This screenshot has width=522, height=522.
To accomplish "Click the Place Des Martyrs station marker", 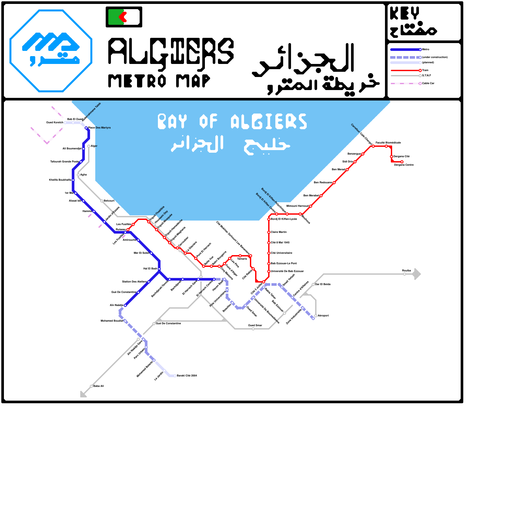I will point(86,128).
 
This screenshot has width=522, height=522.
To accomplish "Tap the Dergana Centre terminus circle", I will point(402,162).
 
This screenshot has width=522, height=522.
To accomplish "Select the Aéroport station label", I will point(323,315).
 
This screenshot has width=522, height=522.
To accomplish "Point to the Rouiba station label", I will point(407,270).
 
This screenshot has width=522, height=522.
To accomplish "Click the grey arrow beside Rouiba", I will point(417,274).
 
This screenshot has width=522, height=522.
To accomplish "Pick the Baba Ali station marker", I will point(91,386).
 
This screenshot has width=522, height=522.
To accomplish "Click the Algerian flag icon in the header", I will point(124,17).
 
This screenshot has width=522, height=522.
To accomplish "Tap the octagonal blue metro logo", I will point(51,51).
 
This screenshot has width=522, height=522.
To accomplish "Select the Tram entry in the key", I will point(425,70).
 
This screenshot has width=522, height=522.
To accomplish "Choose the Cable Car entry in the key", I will point(428,83).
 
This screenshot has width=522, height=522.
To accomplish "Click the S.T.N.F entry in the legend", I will point(426,75).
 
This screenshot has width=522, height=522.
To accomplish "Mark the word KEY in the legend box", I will point(405,14).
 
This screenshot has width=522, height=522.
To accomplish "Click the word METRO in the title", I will point(137,81).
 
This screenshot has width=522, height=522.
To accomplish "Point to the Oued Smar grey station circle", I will point(253,329).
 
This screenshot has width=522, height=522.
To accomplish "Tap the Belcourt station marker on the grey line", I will point(102,201).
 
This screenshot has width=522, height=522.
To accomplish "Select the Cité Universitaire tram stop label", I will point(282,253).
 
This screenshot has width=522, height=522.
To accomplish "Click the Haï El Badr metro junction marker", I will point(159,269).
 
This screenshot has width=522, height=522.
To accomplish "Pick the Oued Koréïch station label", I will point(55,122).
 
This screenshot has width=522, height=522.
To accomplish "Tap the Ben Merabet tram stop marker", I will point(321,196).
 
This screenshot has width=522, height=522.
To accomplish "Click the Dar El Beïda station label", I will point(323,284).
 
